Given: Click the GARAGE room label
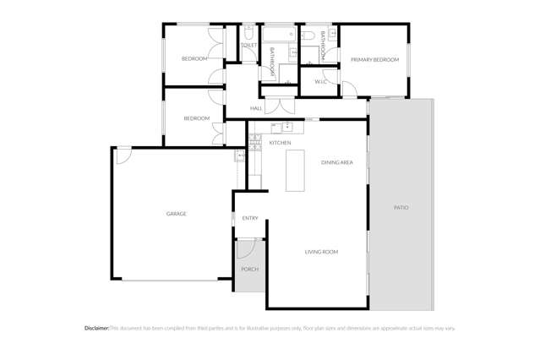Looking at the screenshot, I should (x=176, y=214).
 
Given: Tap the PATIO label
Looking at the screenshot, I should (x=401, y=207).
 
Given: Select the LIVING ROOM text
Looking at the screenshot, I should (x=321, y=252).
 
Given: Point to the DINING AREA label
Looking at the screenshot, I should (x=337, y=161).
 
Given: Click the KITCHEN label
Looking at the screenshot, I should (x=280, y=143).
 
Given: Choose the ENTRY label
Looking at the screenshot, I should (x=250, y=219).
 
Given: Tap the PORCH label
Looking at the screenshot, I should (x=249, y=270).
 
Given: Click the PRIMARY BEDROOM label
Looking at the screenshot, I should (x=374, y=60).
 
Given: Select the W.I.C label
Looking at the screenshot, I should (x=320, y=82).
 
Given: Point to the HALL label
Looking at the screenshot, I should (x=256, y=109).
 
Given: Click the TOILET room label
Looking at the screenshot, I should (x=248, y=45).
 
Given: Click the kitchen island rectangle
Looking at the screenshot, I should (x=294, y=172).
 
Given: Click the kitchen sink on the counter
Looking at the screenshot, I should (x=287, y=127).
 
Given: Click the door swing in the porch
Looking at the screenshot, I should (x=246, y=248).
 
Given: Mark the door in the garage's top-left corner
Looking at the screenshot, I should (x=123, y=155).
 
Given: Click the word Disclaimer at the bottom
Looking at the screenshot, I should (x=97, y=328).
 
